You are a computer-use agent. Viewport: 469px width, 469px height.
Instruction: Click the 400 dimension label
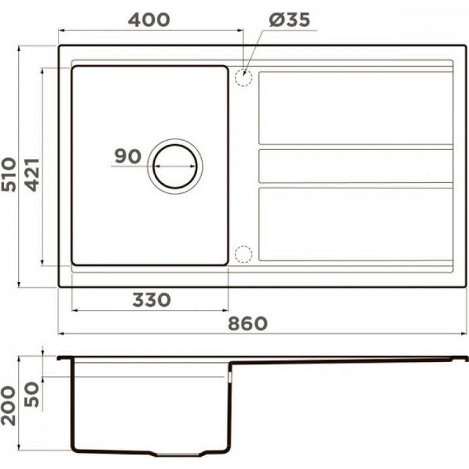(x=149, y=20)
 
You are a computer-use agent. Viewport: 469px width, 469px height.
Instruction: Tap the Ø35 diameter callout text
(x=289, y=20)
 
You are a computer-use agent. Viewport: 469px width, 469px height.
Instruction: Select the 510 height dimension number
(x=9, y=174)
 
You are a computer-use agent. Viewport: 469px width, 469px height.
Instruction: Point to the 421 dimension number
(x=32, y=175)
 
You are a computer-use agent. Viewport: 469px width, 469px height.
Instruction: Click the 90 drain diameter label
(x=128, y=156)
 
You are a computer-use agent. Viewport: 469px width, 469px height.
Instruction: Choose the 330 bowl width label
(x=151, y=300)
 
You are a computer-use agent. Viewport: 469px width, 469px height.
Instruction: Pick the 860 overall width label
(x=248, y=324)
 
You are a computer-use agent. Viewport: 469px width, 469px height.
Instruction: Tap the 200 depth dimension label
(x=8, y=406)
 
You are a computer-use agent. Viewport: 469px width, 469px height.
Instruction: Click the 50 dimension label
(x=32, y=395)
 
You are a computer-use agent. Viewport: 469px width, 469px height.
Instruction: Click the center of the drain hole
(x=175, y=166)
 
